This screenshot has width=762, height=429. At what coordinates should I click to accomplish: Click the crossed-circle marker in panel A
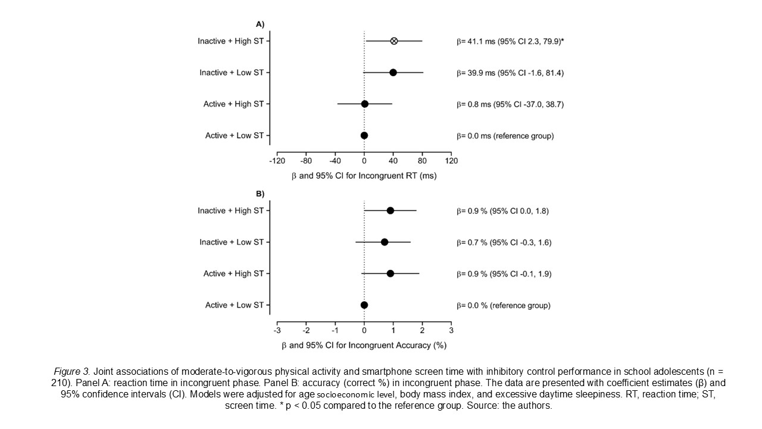coord(394,41)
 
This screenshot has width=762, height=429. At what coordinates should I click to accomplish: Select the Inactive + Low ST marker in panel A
coord(393,72)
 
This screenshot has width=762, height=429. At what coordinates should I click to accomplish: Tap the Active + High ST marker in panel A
coord(365,104)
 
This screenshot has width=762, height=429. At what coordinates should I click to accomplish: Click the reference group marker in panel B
coord(364,305)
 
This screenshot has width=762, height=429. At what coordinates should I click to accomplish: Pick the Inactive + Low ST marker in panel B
coord(385,242)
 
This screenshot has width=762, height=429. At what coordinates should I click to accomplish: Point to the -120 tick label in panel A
coord(277,161)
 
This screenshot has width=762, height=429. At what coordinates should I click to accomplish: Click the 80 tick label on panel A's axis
coord(422,161)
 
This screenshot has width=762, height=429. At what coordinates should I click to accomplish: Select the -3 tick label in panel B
coord(277,331)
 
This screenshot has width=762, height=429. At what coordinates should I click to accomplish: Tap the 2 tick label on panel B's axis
coord(422,331)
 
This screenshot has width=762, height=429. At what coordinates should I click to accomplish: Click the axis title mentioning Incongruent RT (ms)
coord(364,176)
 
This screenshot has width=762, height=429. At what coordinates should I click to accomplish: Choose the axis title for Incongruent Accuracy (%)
coord(364,345)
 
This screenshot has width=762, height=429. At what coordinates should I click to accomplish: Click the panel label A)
coord(260,24)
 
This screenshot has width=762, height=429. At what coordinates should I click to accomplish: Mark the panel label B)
coord(260,194)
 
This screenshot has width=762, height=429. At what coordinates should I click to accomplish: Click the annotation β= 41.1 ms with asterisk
coord(510,41)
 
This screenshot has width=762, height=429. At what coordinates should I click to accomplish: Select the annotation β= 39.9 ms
coord(510,73)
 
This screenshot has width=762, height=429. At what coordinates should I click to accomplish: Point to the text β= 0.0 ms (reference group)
coord(505,136)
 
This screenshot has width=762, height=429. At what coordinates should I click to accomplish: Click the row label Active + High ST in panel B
coord(233,273)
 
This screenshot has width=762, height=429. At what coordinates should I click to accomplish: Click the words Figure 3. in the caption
coord(70,371)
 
